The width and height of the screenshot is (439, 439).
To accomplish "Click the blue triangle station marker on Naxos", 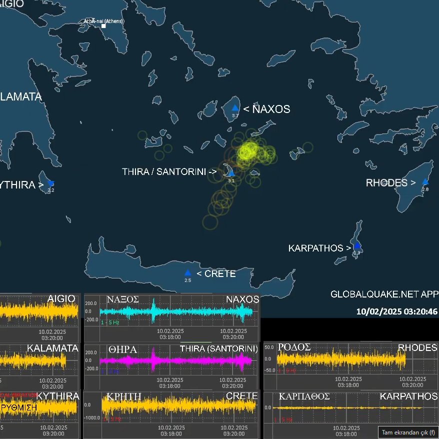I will pyautogui.click(x=234, y=108).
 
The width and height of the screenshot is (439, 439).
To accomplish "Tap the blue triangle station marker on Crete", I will pyautogui.click(x=187, y=273).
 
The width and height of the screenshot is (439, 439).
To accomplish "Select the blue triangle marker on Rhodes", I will pyautogui.click(x=425, y=182).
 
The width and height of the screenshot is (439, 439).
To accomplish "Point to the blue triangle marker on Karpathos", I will pyautogui.click(x=357, y=246).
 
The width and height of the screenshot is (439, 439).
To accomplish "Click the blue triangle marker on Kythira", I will pyautogui.click(x=50, y=183).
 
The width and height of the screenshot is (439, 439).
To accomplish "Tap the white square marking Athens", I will pyautogui.click(x=103, y=25).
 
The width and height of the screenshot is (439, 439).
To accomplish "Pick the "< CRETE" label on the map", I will pyautogui.click(x=216, y=274).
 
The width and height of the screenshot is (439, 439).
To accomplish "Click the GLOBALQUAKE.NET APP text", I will pyautogui.click(x=384, y=294).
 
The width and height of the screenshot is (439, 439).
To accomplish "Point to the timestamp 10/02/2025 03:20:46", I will pyautogui.click(x=397, y=311).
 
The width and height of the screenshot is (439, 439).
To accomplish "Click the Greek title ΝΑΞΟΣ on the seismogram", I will pyautogui.click(x=122, y=299).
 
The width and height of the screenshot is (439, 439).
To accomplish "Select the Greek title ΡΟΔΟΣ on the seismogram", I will pyautogui.click(x=295, y=347).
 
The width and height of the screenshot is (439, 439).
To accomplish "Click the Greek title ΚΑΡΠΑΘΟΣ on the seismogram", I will pyautogui.click(x=304, y=396).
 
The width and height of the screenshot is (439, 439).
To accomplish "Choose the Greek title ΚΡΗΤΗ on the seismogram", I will pyautogui.click(x=123, y=396).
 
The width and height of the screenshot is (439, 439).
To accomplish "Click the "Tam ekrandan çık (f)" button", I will pyautogui.click(x=408, y=432).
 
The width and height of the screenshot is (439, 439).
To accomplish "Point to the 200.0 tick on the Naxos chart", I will pyautogui.click(x=91, y=303).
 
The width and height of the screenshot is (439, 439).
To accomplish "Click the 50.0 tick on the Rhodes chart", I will pyautogui.click(x=268, y=347).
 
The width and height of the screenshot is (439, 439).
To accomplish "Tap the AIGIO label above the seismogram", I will pyautogui.click(x=61, y=299).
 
